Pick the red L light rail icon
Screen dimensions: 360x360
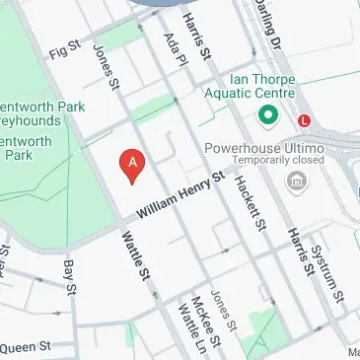[x=305, y=120]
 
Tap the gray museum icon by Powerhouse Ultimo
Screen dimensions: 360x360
[x=294, y=181]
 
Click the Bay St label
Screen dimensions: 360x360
[x=69, y=277]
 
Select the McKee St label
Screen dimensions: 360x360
[x=201, y=315]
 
